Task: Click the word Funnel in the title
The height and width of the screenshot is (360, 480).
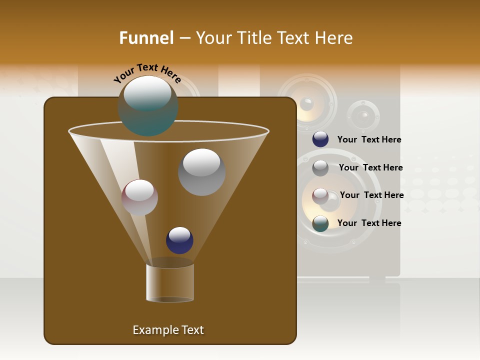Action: (146, 38)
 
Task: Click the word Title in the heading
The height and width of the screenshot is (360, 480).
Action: (254, 38)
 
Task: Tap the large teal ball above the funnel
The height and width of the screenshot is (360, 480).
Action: (148, 105)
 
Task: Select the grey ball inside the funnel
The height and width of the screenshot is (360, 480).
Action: (201, 172)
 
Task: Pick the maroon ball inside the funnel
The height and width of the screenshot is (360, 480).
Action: (139, 197)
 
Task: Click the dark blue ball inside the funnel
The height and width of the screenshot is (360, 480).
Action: (179, 240)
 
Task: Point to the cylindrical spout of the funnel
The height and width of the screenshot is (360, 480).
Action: (170, 282)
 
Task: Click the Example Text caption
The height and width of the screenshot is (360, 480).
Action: (168, 330)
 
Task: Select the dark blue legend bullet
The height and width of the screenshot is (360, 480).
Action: (320, 139)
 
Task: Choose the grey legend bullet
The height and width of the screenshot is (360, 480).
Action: (320, 167)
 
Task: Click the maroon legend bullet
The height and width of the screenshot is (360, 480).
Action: (320, 195)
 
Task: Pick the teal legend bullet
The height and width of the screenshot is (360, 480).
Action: (320, 223)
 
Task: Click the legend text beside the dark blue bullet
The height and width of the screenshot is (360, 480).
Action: (369, 140)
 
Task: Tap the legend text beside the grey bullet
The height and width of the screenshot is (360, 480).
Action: (370, 167)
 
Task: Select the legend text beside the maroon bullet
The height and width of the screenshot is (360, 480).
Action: (371, 195)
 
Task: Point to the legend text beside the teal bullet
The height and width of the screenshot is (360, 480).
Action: (369, 223)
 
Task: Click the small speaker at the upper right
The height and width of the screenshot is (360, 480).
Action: (364, 116)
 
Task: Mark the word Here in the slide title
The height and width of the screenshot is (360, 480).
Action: (334, 38)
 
